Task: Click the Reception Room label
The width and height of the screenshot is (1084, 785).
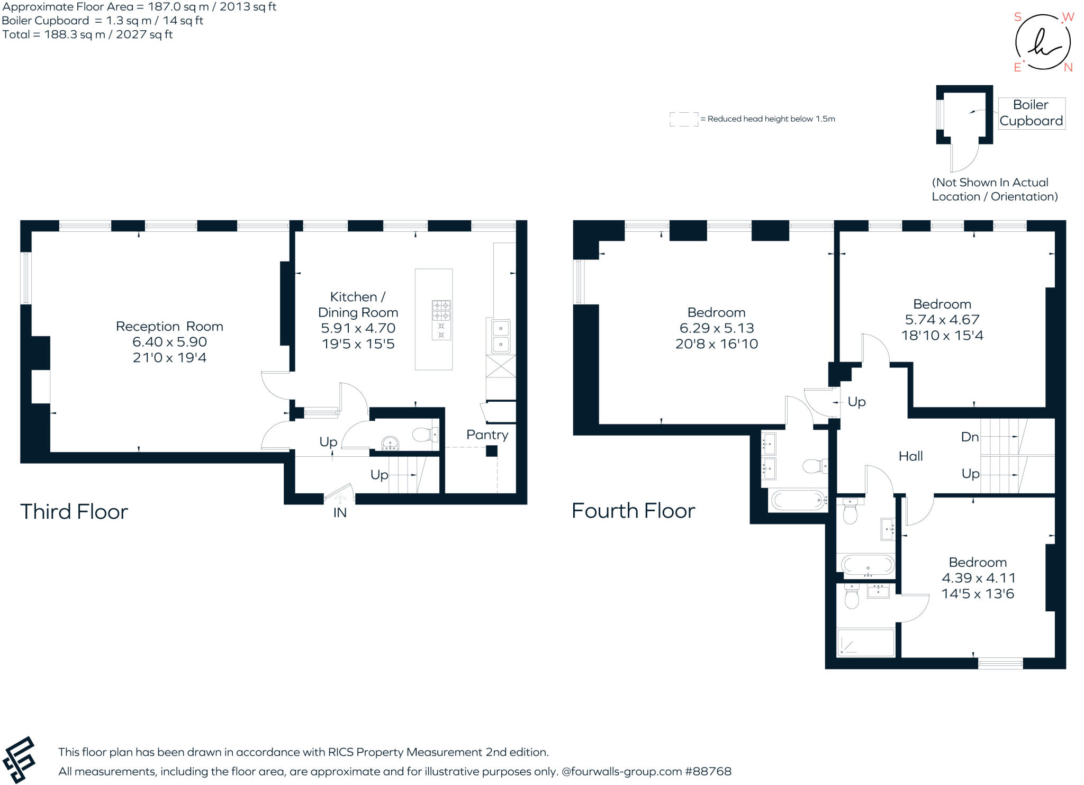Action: pyautogui.click(x=169, y=326)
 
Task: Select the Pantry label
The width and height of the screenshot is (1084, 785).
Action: pyautogui.click(x=487, y=435)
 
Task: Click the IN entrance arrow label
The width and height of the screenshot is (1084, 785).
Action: pyautogui.click(x=340, y=512)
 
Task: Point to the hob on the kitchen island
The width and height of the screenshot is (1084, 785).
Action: pyautogui.click(x=441, y=320)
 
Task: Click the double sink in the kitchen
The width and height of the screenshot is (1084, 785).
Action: pyautogui.click(x=500, y=336)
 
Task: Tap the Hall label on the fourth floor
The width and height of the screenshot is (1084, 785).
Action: pyautogui.click(x=910, y=456)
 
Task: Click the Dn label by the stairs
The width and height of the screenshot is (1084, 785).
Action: pyautogui.click(x=970, y=437)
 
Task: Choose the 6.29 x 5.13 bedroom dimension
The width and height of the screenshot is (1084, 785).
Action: pyautogui.click(x=717, y=328)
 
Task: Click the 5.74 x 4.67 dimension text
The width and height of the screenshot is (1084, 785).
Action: pyautogui.click(x=942, y=320)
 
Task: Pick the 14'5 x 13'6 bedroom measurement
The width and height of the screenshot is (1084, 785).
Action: pyautogui.click(x=978, y=593)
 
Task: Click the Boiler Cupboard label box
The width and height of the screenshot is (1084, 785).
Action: pyautogui.click(x=1031, y=113)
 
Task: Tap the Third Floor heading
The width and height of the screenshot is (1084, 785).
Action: pyautogui.click(x=74, y=512)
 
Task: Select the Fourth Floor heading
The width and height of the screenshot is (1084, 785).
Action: pyautogui.click(x=634, y=511)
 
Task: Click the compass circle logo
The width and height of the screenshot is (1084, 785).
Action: pyautogui.click(x=1043, y=42)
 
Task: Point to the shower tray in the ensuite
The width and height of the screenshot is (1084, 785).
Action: pyautogui.click(x=865, y=643)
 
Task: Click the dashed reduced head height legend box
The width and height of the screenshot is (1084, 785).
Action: pyautogui.click(x=683, y=119)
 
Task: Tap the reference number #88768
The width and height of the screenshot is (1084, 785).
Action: pyautogui.click(x=708, y=771)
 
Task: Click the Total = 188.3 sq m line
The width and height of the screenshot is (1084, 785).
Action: pyautogui.click(x=87, y=34)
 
